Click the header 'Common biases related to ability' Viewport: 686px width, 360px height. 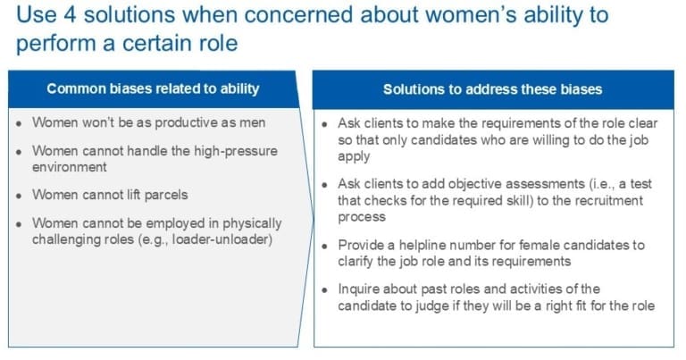point(153,88)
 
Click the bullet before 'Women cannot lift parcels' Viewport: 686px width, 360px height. point(20,195)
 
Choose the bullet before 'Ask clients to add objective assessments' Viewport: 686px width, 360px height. point(325,185)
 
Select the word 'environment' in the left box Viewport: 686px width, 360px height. point(70,166)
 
